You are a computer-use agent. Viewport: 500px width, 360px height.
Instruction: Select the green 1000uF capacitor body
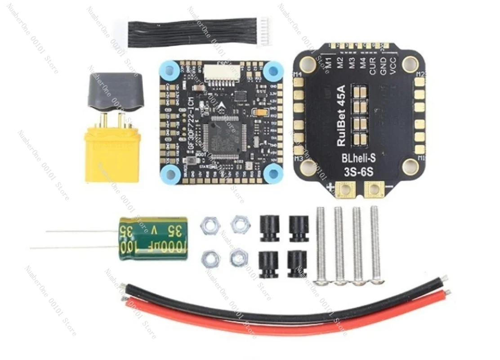click(x=152, y=238)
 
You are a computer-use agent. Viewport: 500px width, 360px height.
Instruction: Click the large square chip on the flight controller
click(x=223, y=135)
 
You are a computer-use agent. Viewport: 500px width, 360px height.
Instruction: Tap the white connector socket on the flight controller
click(x=220, y=72)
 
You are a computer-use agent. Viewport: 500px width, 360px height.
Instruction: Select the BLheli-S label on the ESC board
click(x=356, y=158)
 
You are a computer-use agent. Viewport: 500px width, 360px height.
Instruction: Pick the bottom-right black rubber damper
click(x=298, y=263)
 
